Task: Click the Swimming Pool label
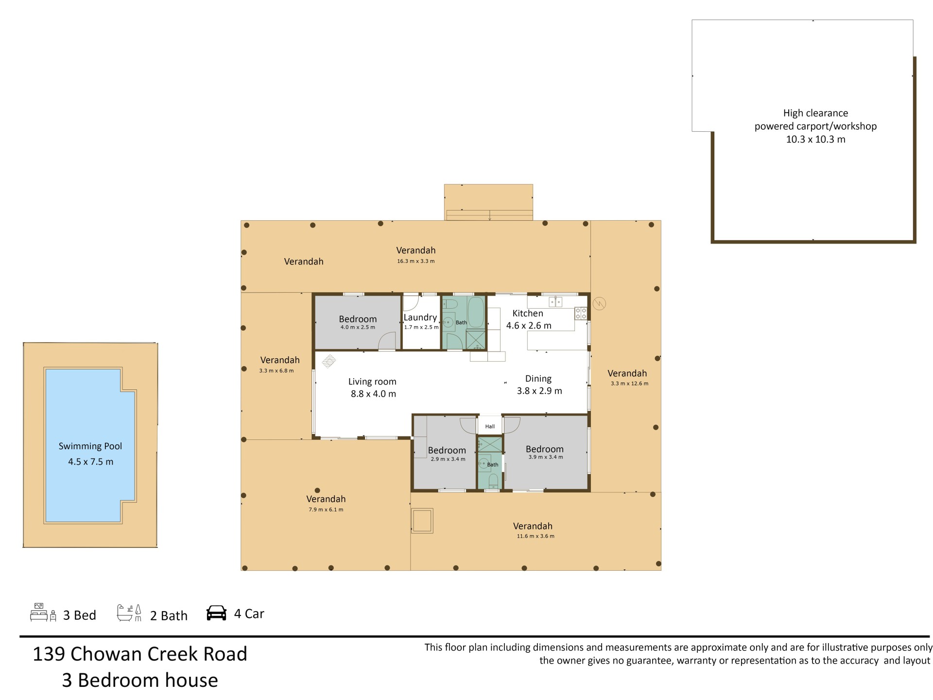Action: coord(90,446)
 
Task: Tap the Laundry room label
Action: coord(420,317)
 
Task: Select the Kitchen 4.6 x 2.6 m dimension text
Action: coord(529,326)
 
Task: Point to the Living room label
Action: coord(372,382)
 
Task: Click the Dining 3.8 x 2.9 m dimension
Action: coord(539,391)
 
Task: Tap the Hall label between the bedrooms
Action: coord(490,426)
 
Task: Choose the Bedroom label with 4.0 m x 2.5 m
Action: coord(358,319)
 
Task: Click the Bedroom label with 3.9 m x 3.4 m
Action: coord(545,449)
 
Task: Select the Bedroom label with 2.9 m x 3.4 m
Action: coord(447,451)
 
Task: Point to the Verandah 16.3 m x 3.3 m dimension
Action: coord(416,261)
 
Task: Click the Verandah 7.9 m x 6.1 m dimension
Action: coord(326,509)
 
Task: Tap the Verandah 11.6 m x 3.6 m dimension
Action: coord(536,536)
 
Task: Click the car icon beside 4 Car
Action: coord(217,613)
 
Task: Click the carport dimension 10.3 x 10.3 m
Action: coord(816,140)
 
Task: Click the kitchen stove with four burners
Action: coord(581,314)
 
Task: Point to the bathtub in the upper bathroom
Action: coord(476,312)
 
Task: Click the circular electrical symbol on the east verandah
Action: coord(600,304)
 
